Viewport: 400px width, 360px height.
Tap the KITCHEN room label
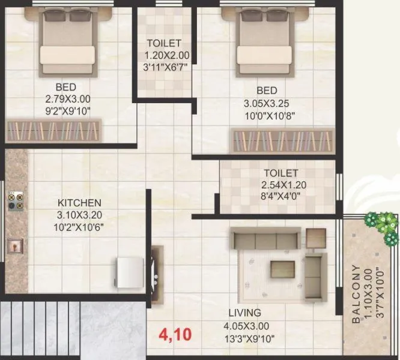coord(79,203)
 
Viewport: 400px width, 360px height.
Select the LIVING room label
coord(244,313)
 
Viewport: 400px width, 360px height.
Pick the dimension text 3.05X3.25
coord(267,103)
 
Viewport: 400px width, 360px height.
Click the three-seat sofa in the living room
coord(264,240)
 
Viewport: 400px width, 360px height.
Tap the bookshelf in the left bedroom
coord(54,129)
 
